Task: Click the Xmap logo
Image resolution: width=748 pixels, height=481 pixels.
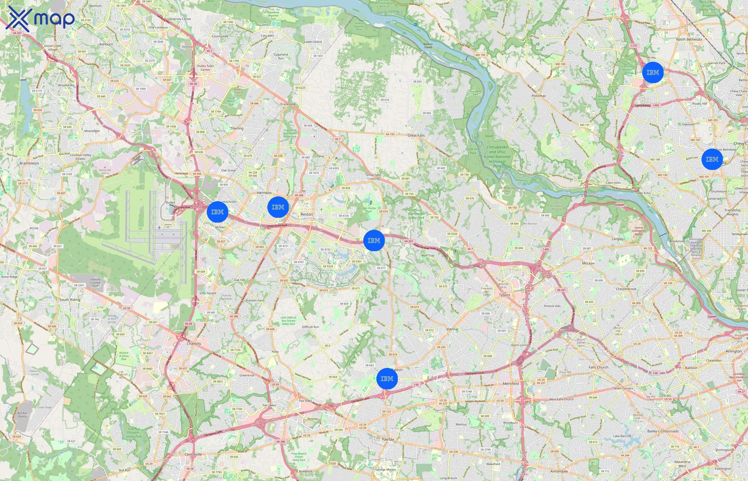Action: click(40, 19)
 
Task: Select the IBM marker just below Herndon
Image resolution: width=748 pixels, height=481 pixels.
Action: click(278, 207)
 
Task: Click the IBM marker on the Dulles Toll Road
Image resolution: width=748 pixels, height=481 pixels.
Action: click(374, 241)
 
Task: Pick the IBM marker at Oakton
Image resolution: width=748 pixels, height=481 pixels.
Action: click(387, 379)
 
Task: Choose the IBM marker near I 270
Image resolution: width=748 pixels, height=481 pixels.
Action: click(652, 72)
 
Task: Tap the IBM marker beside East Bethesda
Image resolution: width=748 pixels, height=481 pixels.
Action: click(712, 159)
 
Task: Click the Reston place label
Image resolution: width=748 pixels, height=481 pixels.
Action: click(307, 214)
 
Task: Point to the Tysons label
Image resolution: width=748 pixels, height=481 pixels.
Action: click(504, 295)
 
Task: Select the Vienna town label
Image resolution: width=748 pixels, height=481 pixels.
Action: click(452, 329)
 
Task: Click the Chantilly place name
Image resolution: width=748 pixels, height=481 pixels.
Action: click(194, 344)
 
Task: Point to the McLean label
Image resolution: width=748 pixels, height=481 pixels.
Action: click(589, 263)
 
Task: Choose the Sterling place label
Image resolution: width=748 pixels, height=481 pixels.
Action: click(237, 128)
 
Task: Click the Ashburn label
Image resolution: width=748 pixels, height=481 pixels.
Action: click(106, 44)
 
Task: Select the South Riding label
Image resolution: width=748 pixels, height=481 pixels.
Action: click(70, 300)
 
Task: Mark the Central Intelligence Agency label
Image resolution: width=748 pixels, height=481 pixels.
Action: click(639, 231)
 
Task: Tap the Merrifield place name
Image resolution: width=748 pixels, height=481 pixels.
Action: click(511, 383)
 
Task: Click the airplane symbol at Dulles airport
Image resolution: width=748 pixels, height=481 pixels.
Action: click(159, 227)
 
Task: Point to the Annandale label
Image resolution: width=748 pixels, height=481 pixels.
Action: click(559, 471)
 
